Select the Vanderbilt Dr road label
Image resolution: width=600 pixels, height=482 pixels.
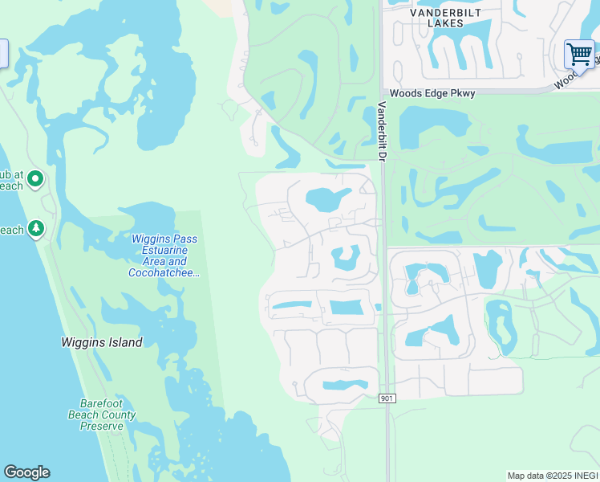383,133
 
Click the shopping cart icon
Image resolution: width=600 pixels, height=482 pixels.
578,55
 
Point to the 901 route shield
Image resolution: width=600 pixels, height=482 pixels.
387,398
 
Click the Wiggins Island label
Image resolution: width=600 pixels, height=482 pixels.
102,342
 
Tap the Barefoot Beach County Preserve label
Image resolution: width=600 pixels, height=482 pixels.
107,415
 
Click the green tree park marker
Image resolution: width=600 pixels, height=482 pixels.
35,230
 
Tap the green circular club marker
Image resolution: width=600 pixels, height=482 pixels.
34,179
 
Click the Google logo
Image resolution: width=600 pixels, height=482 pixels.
26,472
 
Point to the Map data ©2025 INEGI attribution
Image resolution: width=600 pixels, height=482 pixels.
553,476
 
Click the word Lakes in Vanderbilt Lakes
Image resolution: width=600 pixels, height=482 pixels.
446,23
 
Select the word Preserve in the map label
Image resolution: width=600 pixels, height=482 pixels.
102,426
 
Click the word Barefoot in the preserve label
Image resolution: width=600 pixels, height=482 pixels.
100,404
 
